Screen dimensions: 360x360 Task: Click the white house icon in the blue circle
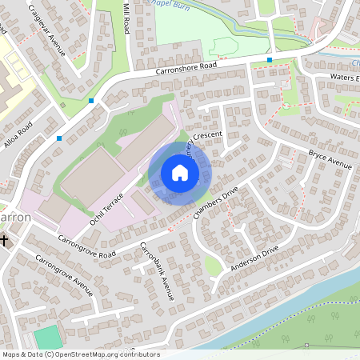[x=179, y=172]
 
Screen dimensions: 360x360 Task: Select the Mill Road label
[x=126, y=18]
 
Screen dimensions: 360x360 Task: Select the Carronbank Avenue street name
[x=157, y=269]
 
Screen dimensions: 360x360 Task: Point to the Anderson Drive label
[x=254, y=259]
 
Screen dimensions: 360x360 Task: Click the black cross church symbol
[x=5, y=239]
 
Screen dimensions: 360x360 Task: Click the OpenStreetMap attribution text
[x=81, y=354]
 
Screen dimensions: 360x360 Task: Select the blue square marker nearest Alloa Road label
[x=59, y=138]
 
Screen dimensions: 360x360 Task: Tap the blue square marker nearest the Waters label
[x=270, y=60]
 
